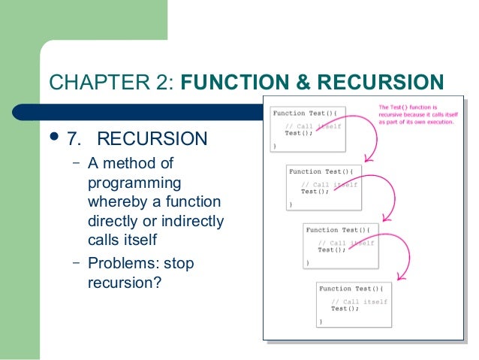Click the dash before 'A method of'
[x=77, y=163]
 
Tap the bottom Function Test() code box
[x=354, y=303]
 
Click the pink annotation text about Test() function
[x=416, y=114]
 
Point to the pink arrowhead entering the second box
[x=366, y=160]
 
